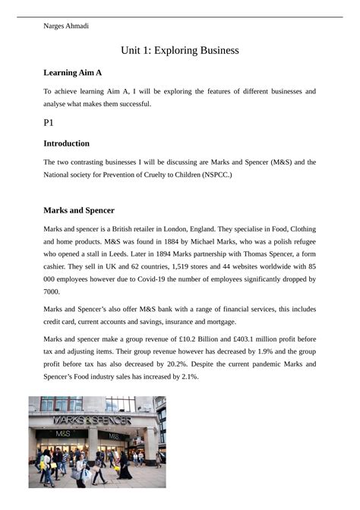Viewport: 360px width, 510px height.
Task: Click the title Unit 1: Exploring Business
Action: coord(180,51)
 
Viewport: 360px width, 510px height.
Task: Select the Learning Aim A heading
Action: coord(73,73)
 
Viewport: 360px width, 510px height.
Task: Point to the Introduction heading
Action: coord(67,143)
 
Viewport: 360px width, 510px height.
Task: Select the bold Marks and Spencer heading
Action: coord(79,210)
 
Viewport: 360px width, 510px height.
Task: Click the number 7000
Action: coord(52,291)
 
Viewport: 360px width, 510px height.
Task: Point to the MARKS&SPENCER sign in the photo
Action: coord(92,420)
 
